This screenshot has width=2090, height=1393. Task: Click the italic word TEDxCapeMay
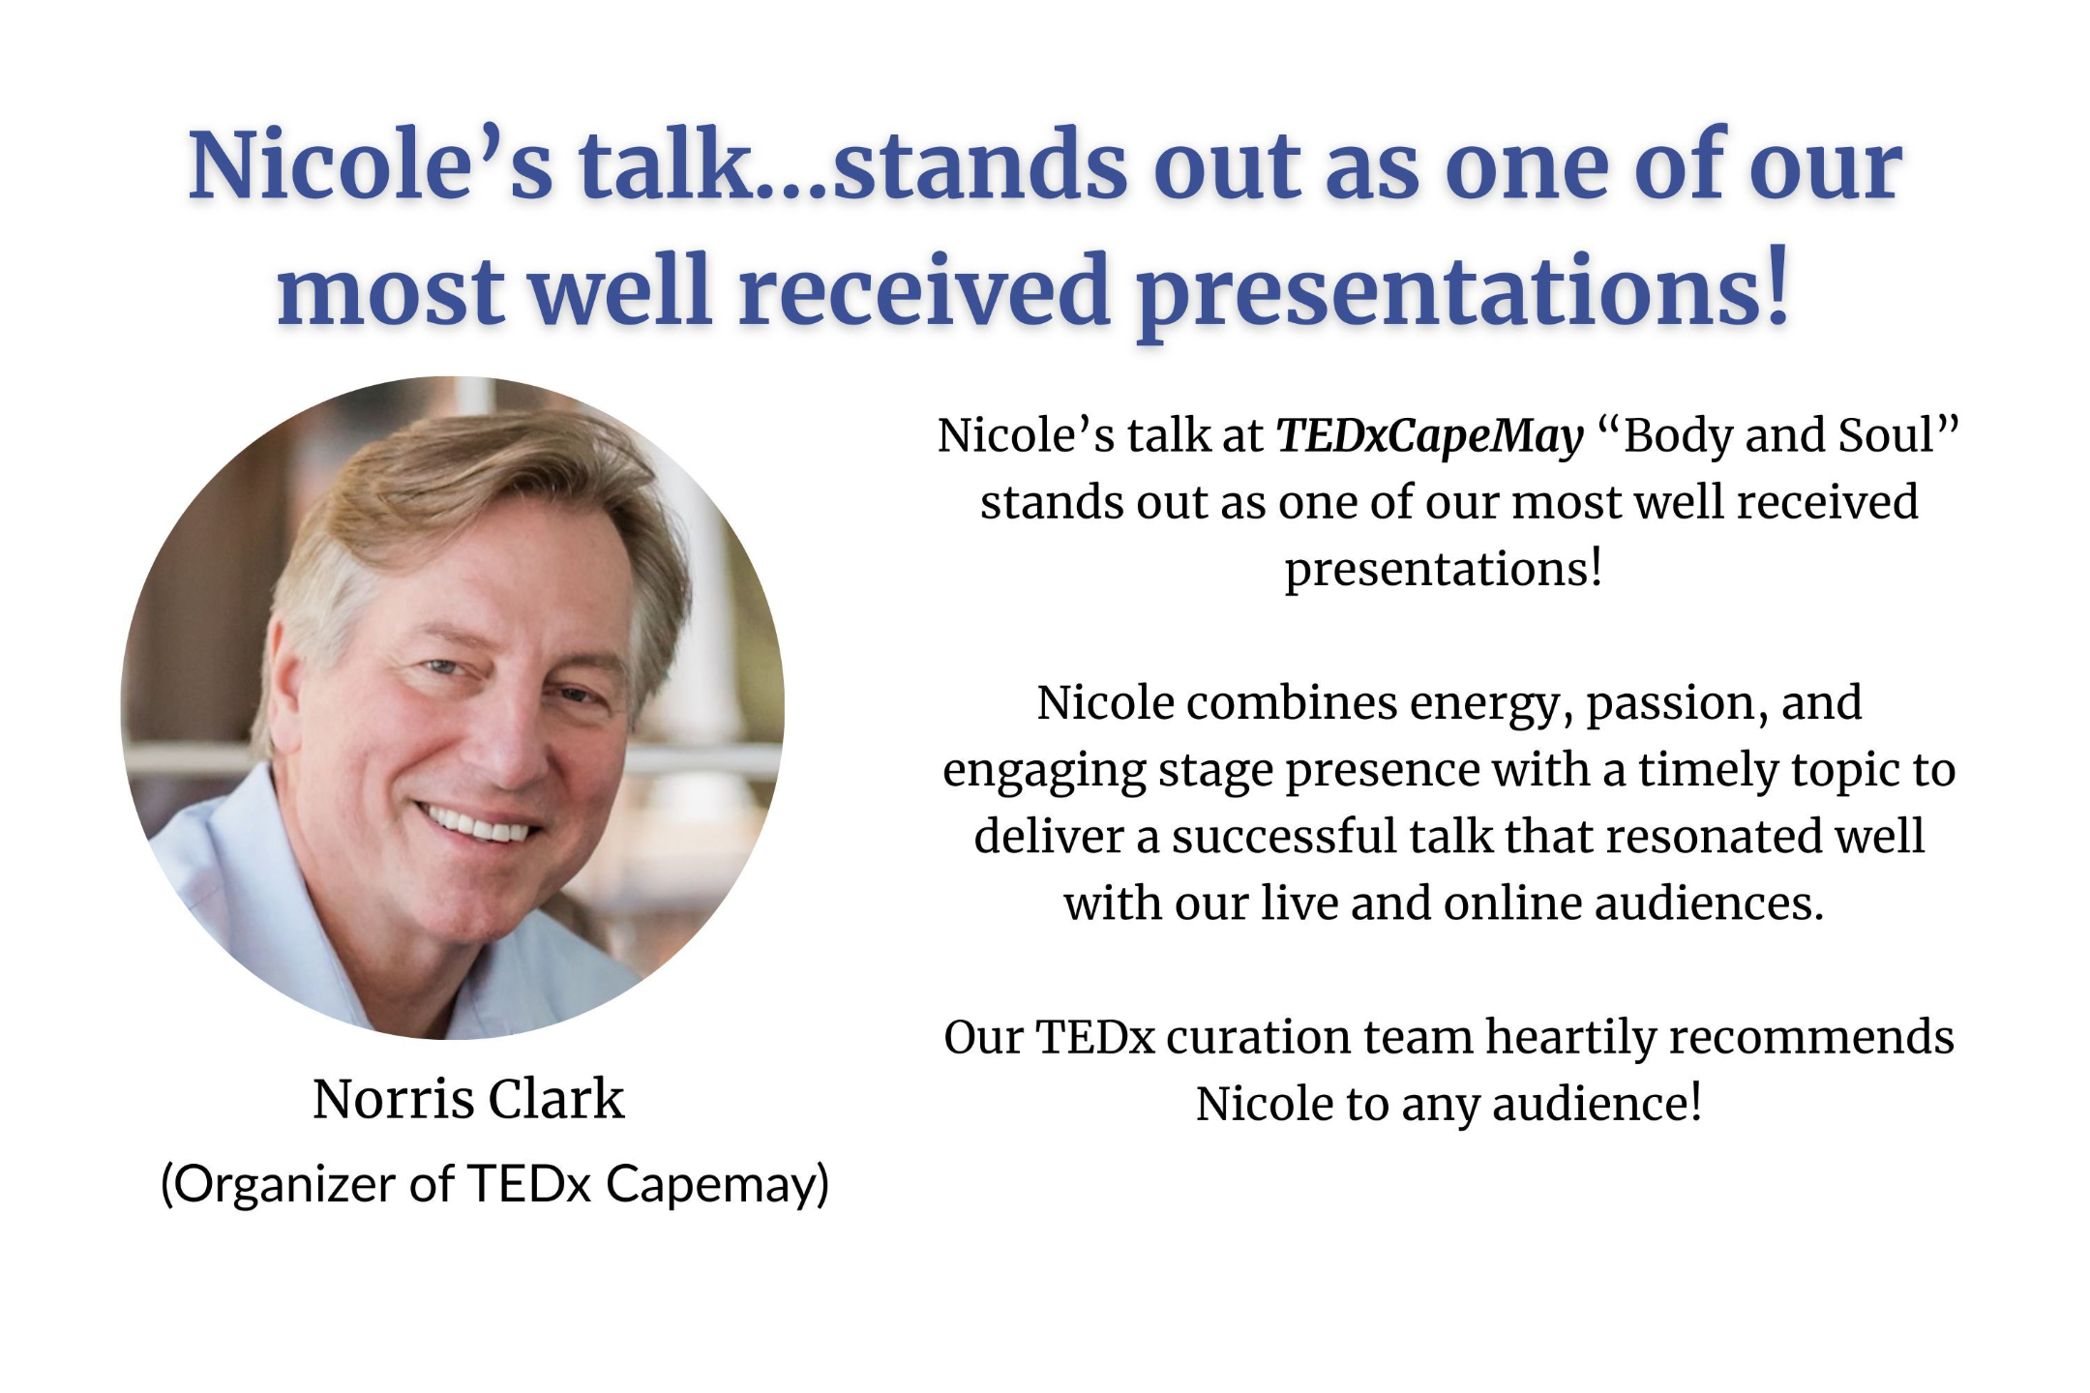(1430, 437)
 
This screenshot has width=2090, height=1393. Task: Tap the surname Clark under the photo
(556, 1098)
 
